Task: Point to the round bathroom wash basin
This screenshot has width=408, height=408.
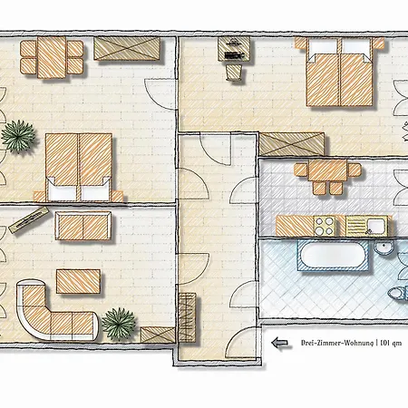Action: point(384,248)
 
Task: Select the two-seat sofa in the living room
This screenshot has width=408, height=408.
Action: point(83,225)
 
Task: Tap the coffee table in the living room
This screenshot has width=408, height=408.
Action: point(80,281)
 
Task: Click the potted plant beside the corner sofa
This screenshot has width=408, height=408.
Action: point(118,320)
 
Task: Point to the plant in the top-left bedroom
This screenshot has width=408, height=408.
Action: point(16,137)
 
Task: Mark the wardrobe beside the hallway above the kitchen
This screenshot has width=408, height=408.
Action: point(290,143)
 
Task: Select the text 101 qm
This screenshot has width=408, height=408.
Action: point(393,343)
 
